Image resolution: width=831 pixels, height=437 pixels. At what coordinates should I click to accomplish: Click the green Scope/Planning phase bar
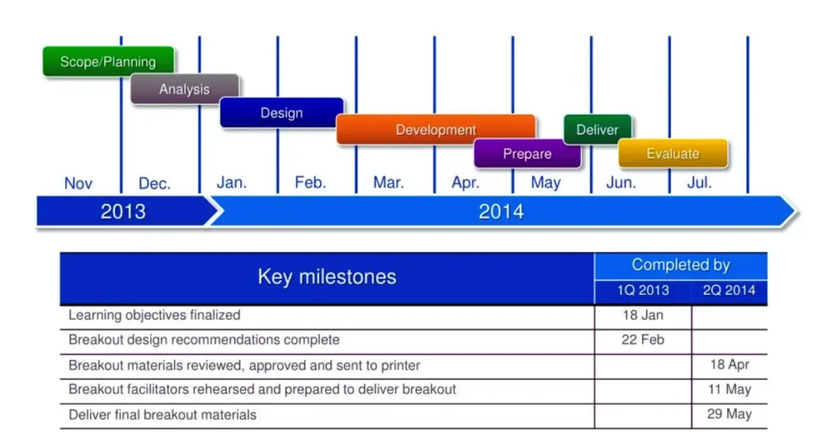(108, 61)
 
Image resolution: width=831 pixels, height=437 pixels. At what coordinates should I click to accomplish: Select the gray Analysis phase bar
(184, 89)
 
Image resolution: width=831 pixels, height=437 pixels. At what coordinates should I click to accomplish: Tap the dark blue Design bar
(282, 112)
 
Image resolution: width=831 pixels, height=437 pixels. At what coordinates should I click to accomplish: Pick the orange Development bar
(436, 129)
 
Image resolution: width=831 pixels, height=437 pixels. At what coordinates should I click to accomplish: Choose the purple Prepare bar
(527, 154)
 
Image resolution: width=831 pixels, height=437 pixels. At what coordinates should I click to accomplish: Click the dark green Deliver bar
(597, 129)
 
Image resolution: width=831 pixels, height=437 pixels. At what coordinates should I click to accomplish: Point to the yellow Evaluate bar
(673, 154)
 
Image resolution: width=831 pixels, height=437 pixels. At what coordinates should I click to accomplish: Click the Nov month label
(79, 184)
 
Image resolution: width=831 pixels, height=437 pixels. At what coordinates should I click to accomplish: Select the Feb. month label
(311, 183)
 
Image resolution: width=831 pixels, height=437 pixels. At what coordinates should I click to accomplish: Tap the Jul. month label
(700, 183)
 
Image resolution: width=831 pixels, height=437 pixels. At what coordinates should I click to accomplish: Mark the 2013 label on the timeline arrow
(123, 212)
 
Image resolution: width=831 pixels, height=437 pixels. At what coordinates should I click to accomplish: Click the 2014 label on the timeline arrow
(502, 212)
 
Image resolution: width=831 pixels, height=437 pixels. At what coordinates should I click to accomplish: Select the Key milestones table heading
(327, 277)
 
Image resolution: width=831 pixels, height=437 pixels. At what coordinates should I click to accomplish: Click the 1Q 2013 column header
(643, 291)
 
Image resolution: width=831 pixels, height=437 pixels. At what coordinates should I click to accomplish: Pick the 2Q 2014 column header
(730, 291)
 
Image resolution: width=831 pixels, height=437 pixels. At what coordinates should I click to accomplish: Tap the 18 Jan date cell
(643, 315)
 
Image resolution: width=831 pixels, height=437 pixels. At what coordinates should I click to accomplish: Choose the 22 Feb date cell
(643, 340)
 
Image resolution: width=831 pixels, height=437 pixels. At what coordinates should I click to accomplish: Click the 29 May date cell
(730, 413)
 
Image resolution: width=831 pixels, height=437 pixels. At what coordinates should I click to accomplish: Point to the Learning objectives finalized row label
(154, 315)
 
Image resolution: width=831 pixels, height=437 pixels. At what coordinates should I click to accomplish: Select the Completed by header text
(681, 265)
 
